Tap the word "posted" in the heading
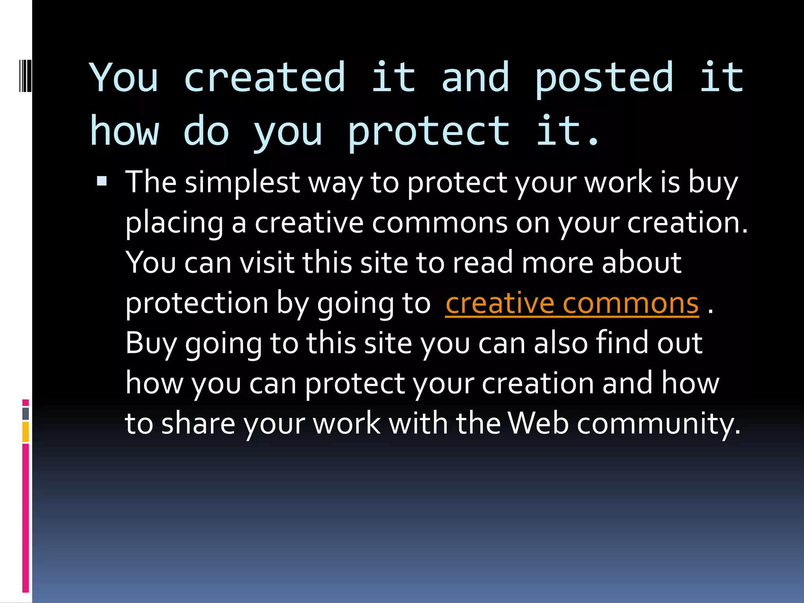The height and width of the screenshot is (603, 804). point(605,78)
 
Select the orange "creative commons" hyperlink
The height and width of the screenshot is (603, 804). point(572,303)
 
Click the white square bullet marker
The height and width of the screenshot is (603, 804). point(102,181)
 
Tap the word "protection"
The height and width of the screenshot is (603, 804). point(197,303)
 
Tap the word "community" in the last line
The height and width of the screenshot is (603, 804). point(658,424)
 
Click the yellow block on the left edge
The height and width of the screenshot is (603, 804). point(26,432)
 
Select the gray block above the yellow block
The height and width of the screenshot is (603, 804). point(26,413)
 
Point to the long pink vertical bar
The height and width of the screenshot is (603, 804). point(26,518)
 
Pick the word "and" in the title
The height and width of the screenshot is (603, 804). point(475,78)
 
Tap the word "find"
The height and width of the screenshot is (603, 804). point(622,343)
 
